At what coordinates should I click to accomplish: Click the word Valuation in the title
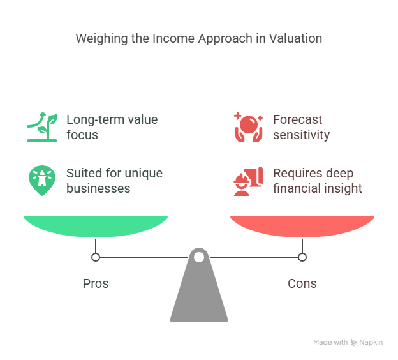tap(295, 38)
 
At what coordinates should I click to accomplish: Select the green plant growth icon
tap(42, 127)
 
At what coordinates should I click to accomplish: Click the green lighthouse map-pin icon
tap(42, 181)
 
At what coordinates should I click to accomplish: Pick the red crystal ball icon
tap(249, 127)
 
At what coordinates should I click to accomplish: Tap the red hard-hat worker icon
tap(249, 181)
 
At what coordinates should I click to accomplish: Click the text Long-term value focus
tap(112, 127)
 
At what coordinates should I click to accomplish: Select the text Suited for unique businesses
tap(114, 181)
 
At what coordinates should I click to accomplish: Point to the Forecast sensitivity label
tap(301, 127)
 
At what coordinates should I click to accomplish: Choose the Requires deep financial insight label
tap(318, 181)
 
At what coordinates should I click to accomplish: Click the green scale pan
tap(96, 226)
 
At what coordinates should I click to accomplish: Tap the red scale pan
tap(302, 226)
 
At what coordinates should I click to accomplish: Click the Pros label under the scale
tap(96, 283)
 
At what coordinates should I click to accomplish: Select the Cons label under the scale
tap(302, 283)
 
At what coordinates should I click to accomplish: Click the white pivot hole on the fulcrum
tap(199, 257)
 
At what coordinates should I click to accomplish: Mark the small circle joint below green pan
tap(96, 257)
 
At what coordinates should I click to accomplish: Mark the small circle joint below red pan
tap(302, 257)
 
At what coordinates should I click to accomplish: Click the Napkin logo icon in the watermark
tap(353, 343)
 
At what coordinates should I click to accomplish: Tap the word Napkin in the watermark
tap(371, 343)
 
